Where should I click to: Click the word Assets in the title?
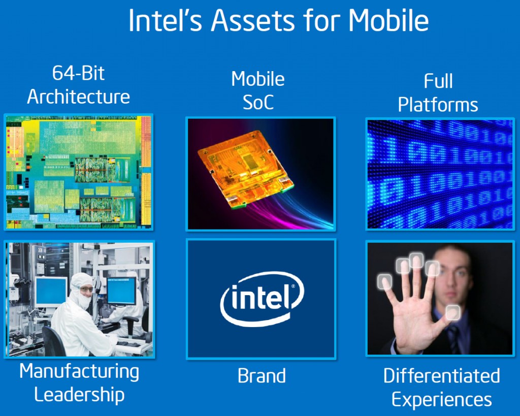(x=253, y=20)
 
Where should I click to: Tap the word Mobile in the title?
(x=388, y=20)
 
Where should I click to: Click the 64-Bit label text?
(x=78, y=73)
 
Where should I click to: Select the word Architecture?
(x=78, y=97)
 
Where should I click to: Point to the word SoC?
(x=258, y=102)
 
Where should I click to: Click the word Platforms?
(x=438, y=105)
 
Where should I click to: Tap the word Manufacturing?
(x=79, y=371)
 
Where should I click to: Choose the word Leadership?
(x=79, y=395)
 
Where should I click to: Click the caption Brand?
(x=262, y=376)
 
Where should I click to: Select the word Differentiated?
(x=441, y=376)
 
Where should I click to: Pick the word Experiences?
(x=441, y=399)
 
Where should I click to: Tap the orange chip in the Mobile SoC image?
(x=245, y=168)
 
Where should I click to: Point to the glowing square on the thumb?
(x=452, y=312)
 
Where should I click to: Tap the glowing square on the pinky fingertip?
(x=384, y=281)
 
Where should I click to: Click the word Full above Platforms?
(x=438, y=81)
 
